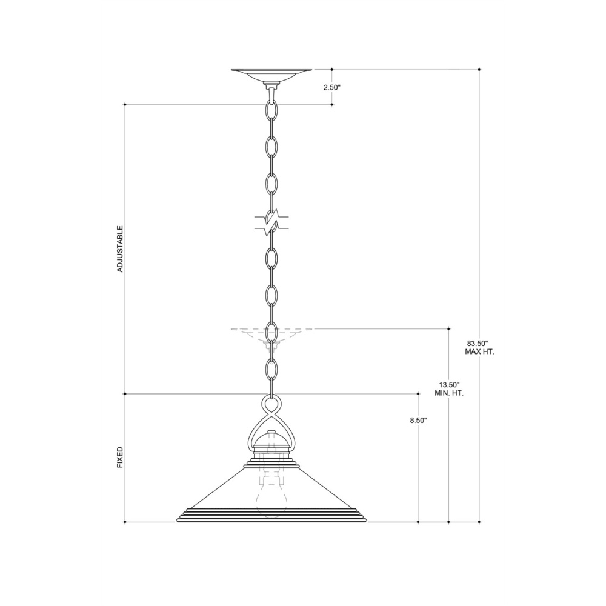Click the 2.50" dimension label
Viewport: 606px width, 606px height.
click(331, 87)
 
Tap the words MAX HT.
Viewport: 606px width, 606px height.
click(479, 352)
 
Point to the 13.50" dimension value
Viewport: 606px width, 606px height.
click(448, 385)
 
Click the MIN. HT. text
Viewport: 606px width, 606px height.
click(449, 393)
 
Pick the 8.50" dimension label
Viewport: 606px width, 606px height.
click(418, 421)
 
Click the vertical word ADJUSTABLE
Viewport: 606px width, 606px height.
click(120, 249)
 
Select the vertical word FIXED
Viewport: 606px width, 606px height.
click(120, 458)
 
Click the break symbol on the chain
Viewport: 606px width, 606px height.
click(271, 224)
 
